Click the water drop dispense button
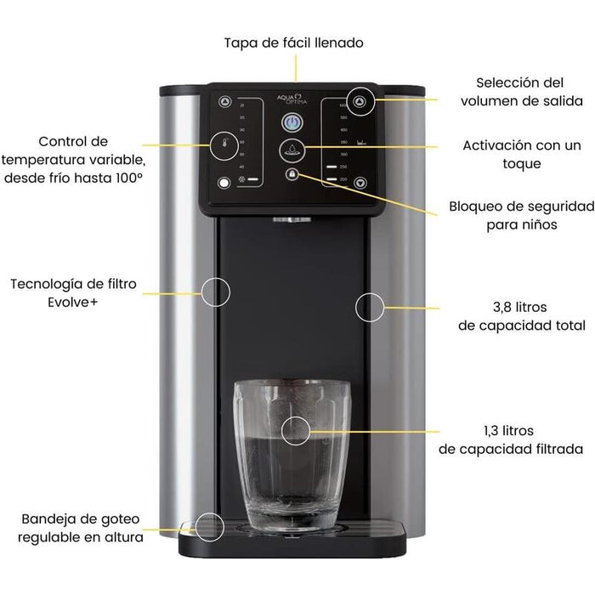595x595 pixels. click(292, 151)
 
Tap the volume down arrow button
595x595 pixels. click(360, 182)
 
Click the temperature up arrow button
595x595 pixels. click(224, 101)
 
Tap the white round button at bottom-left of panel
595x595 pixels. click(224, 182)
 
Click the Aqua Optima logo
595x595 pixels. click(292, 99)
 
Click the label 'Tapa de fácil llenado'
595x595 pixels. click(282, 42)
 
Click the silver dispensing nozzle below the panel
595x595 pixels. click(292, 220)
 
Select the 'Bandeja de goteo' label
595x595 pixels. click(82, 518)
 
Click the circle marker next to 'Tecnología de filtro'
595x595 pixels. click(216, 292)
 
